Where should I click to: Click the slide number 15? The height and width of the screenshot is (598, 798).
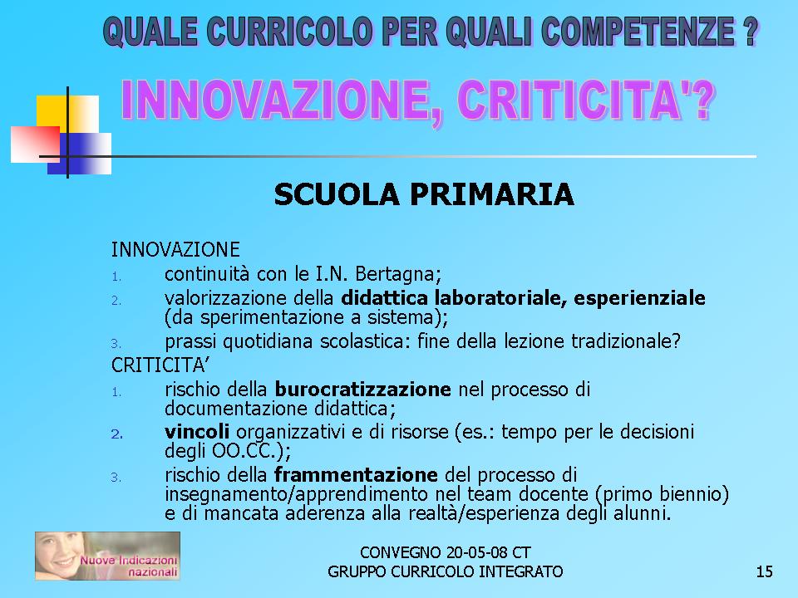[x=765, y=571]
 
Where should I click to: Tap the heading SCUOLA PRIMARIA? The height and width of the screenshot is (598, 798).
[x=424, y=194]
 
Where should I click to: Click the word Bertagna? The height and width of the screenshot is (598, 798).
[x=398, y=274]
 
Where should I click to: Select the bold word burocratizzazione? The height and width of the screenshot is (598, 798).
[x=363, y=390]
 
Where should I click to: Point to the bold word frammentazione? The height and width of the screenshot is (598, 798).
[x=356, y=475]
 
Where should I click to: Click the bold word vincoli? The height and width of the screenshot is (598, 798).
[x=197, y=432]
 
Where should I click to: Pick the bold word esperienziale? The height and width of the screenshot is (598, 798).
[x=640, y=298]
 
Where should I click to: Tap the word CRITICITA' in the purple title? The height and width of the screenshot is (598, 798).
[x=585, y=100]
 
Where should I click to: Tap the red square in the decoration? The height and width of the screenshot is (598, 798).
[x=35, y=145]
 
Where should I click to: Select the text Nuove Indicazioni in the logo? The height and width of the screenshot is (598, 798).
[x=128, y=561]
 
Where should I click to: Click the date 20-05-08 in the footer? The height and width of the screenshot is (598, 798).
[x=476, y=552]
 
